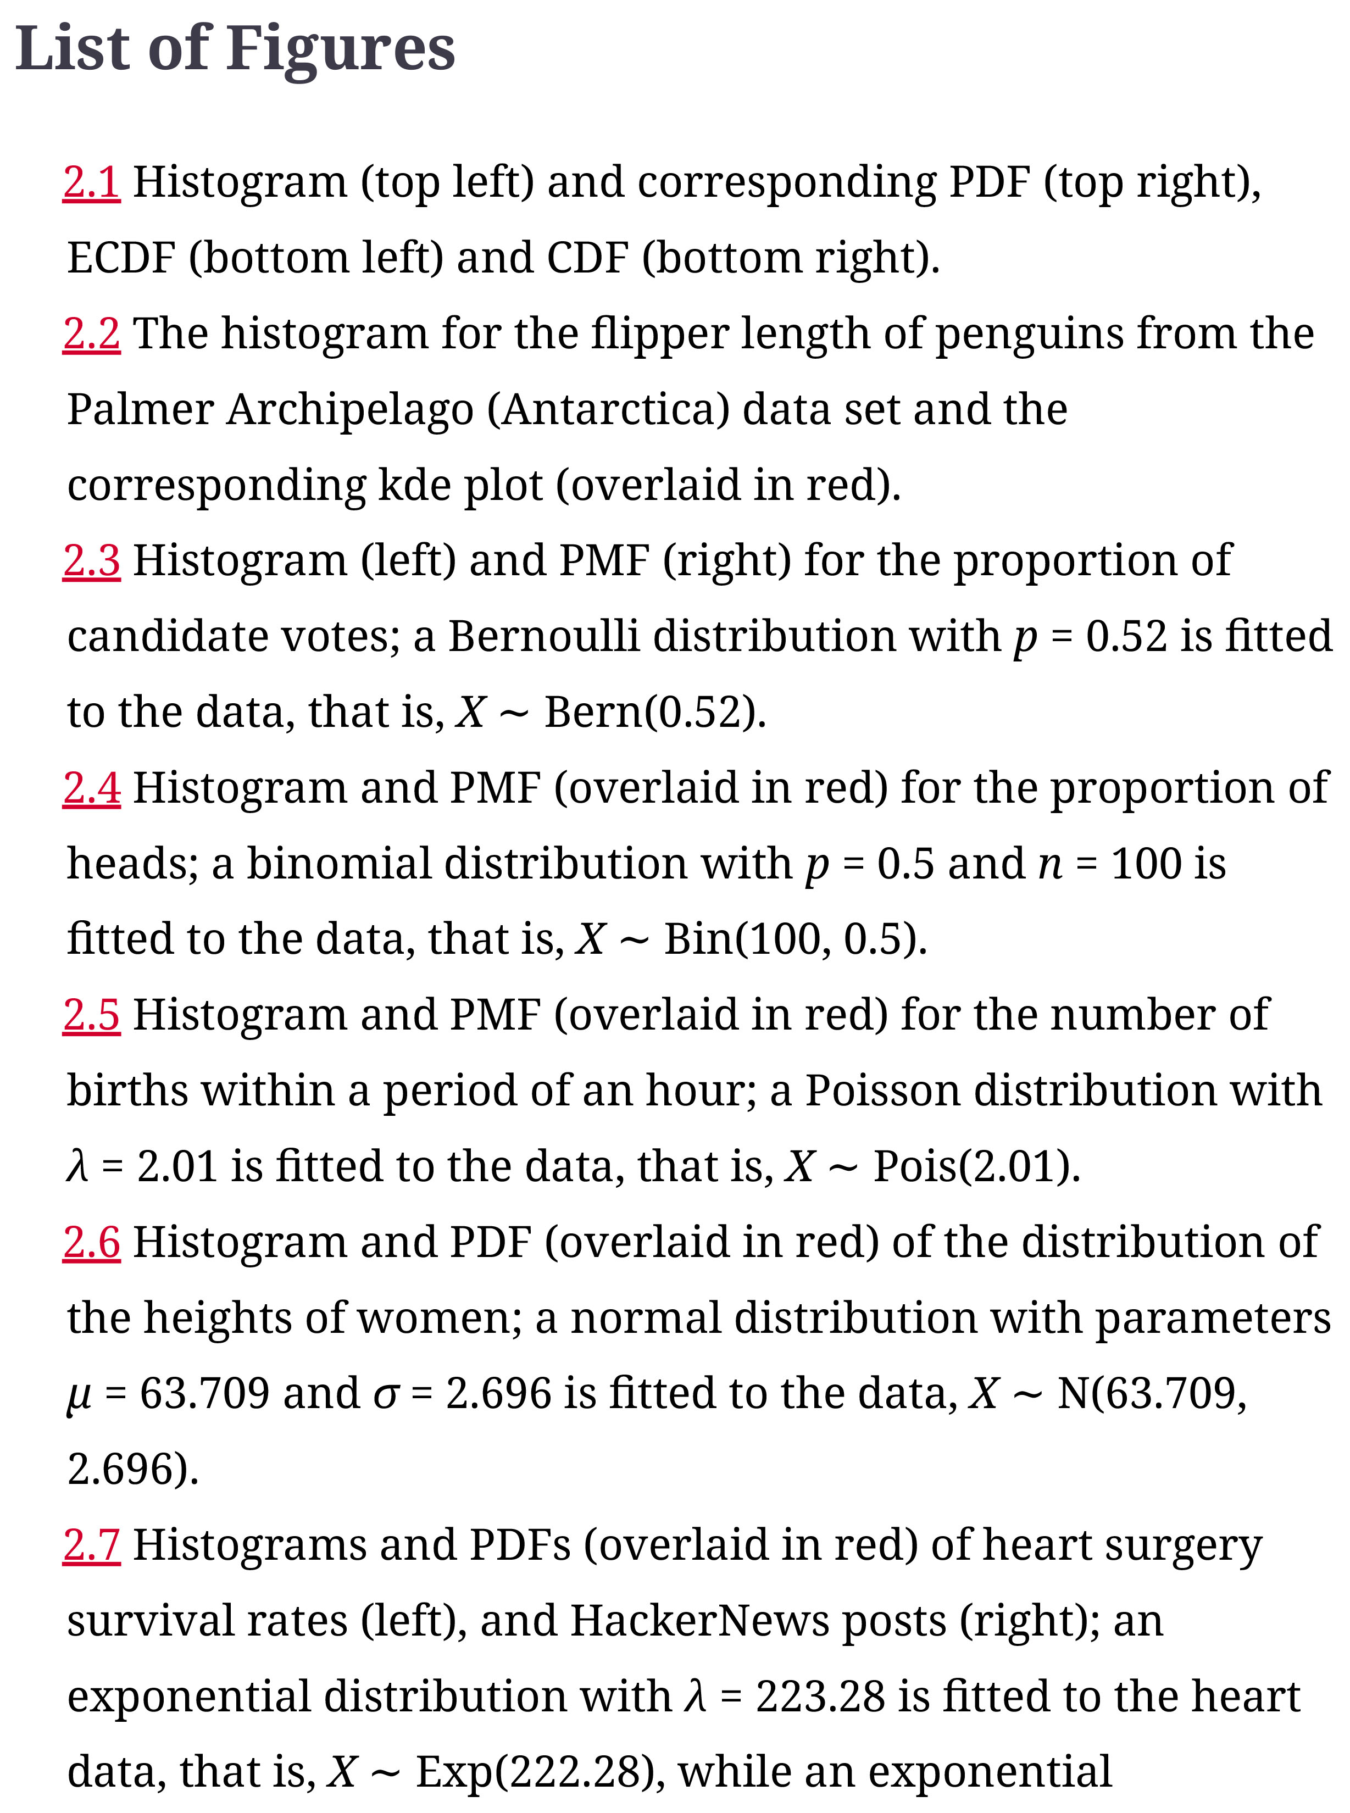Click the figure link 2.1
pos(92,182)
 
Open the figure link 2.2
pos(92,333)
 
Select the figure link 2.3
pos(92,560)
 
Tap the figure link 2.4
pos(92,788)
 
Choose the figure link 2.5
pos(92,1015)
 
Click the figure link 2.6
pos(92,1242)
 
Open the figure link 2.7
pos(92,1544)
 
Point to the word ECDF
pos(121,258)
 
